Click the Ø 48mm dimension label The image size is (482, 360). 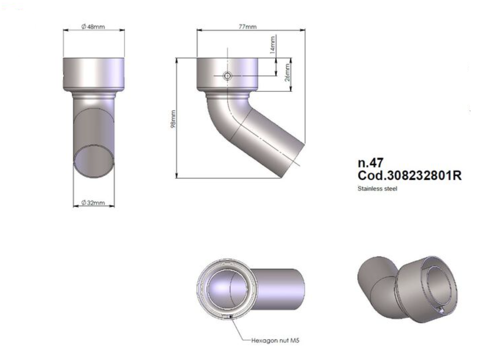[x=93, y=27]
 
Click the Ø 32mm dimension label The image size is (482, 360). [x=93, y=203]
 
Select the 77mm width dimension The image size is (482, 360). [x=248, y=27]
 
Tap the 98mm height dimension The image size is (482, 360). [x=173, y=119]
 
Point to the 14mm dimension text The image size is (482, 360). [x=273, y=45]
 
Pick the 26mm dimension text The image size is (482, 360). [x=288, y=71]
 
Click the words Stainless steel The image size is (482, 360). [x=377, y=189]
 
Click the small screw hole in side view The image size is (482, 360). [x=228, y=76]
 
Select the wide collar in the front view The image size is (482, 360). [x=94, y=74]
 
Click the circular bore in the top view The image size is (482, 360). [x=227, y=288]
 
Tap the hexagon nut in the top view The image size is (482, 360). [x=231, y=316]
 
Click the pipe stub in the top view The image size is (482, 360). [x=281, y=288]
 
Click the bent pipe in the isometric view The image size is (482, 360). [x=377, y=286]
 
